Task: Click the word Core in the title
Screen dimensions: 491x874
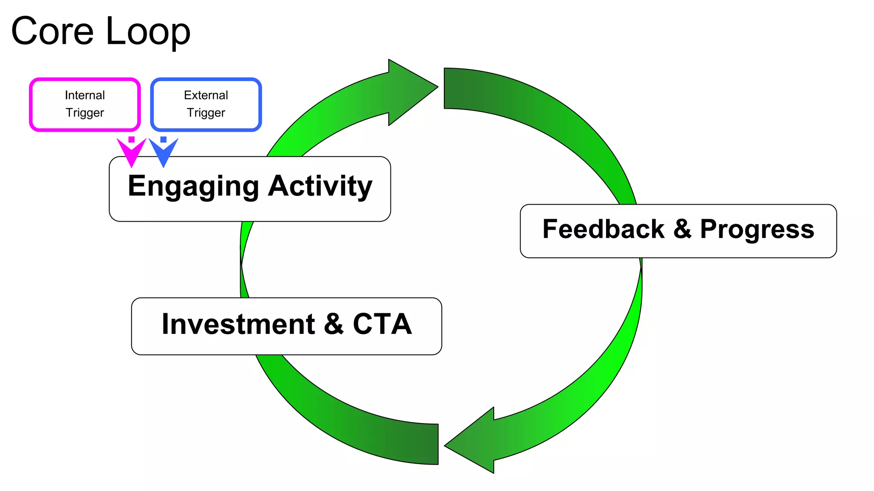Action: [52, 31]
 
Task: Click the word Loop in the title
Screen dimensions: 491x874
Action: [148, 32]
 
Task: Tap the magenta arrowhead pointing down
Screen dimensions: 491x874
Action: [131, 153]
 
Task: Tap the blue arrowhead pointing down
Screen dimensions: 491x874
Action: [163, 153]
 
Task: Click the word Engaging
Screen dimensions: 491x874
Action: [193, 187]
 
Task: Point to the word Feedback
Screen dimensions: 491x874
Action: [603, 229]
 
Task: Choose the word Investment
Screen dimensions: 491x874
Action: [238, 324]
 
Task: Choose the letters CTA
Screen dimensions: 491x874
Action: [382, 324]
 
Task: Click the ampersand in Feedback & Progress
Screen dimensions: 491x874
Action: [682, 229]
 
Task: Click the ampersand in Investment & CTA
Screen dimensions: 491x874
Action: [334, 324]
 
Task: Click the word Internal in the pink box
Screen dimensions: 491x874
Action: [85, 95]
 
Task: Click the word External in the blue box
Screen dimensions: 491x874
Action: [206, 95]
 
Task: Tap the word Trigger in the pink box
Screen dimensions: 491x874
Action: [85, 113]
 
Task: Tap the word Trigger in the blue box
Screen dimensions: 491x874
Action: [206, 113]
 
